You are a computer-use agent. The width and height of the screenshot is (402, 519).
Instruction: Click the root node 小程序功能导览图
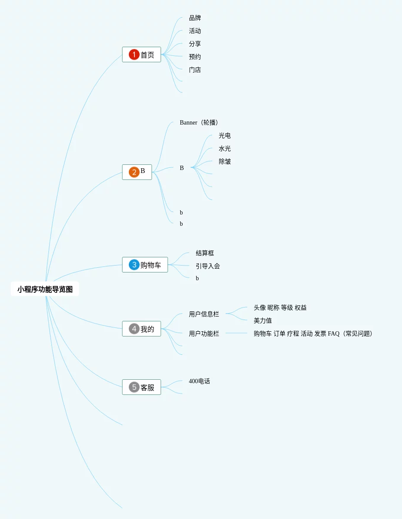click(x=45, y=289)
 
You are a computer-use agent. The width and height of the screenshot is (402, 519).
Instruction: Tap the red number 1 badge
click(x=134, y=54)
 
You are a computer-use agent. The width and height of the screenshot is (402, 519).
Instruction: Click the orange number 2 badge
click(x=134, y=172)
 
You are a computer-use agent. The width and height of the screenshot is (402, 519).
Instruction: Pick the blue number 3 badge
click(x=134, y=265)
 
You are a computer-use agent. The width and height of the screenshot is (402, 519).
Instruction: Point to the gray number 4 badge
click(x=134, y=329)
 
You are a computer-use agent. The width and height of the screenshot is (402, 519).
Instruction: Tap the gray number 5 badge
click(x=134, y=387)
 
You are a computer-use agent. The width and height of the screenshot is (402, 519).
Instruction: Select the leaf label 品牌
click(x=195, y=18)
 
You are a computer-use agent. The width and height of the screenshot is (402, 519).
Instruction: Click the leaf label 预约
click(x=195, y=57)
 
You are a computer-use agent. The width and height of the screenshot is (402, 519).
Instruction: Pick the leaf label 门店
click(x=195, y=70)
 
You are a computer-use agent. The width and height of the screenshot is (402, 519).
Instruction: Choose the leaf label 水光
click(x=225, y=149)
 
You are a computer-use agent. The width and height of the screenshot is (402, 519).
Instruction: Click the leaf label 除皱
click(x=225, y=162)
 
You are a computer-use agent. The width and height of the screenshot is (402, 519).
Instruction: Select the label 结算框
click(x=205, y=253)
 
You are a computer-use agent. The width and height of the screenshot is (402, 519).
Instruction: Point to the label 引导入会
click(x=208, y=266)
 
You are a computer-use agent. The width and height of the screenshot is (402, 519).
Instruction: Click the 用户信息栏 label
click(x=204, y=314)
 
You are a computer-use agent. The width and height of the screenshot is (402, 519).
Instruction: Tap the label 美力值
click(x=263, y=321)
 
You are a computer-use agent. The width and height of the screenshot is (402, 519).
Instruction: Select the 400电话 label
click(x=199, y=381)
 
